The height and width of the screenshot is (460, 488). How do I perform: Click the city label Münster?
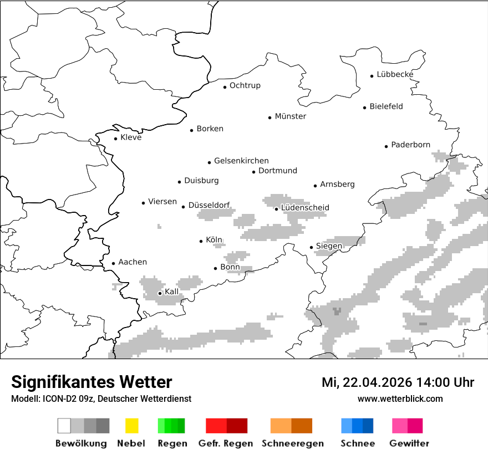pos(290,116)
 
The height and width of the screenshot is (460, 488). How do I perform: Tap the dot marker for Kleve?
pos(115,139)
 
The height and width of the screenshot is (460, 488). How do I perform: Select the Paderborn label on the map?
pos(410,145)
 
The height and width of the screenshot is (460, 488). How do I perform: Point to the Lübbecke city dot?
pos(372,76)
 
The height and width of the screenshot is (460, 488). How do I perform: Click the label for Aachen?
pos(133,262)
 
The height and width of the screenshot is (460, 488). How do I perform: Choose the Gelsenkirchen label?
pos(241,161)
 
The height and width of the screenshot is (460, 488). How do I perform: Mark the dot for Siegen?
pos(311,247)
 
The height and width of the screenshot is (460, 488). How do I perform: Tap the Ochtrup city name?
pos(245,85)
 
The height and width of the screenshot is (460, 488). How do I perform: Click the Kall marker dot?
pos(160,293)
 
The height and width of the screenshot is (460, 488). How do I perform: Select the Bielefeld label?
pos(386,106)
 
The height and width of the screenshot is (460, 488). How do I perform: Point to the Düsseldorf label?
pos(209,205)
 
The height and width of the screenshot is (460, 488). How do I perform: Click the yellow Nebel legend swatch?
pos(131,426)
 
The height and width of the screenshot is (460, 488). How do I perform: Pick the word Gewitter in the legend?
pos(409,443)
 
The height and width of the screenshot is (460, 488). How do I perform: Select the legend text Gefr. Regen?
pos(226,443)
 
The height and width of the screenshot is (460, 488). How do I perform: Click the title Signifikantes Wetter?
pos(91,382)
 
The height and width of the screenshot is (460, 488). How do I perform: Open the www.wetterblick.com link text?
pos(400,399)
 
